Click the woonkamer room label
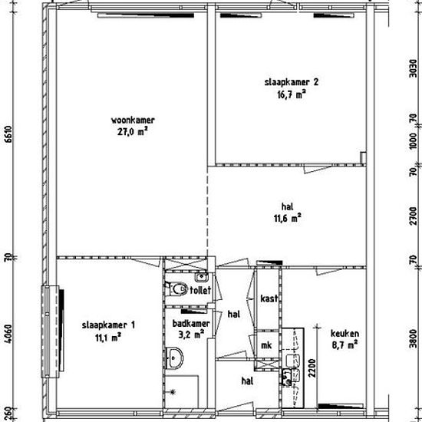pyautogui.click(x=133, y=120)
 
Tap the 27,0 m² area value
pyautogui.click(x=133, y=132)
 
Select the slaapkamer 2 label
pyautogui.click(x=292, y=82)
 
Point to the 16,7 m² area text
pyautogui.click(x=292, y=94)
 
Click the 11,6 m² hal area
pyautogui.click(x=287, y=218)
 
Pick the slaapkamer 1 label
pyautogui.click(x=108, y=325)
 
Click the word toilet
pyautogui.click(x=200, y=290)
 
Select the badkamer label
pyautogui.click(x=191, y=323)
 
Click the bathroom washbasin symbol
pyautogui.click(x=174, y=358)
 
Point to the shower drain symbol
pyautogui.click(x=173, y=392)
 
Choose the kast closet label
pyautogui.click(x=269, y=298)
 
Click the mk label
pyautogui.click(x=266, y=345)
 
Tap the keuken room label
pyautogui.click(x=345, y=334)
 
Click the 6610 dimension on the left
pyautogui.click(x=9, y=137)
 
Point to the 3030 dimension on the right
pyautogui.click(x=413, y=68)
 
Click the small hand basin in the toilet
pyautogui.click(x=200, y=277)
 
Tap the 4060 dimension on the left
pyautogui.click(x=9, y=334)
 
